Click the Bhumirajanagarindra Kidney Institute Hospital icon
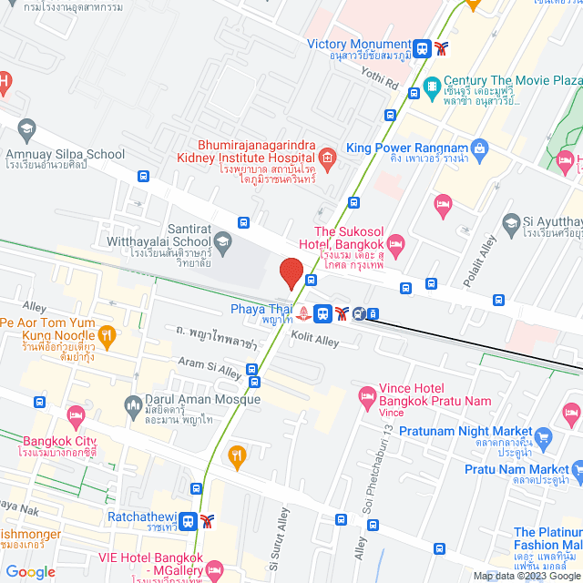(x=326, y=159)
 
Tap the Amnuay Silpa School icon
(x=26, y=128)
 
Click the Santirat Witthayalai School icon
(x=222, y=243)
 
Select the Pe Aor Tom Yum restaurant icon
(x=107, y=334)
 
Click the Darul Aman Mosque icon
(x=135, y=401)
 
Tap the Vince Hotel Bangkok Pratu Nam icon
(x=368, y=394)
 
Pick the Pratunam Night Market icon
(x=545, y=435)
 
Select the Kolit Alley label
(x=314, y=342)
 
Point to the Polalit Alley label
(x=480, y=264)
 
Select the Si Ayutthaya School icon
(x=511, y=220)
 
